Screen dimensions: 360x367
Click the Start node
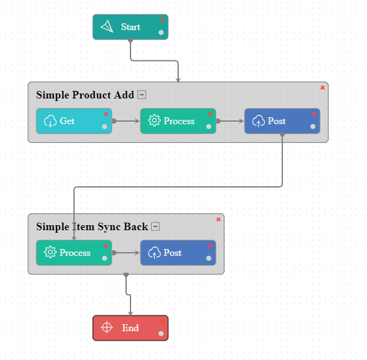tap(130, 27)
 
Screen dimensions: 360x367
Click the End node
tap(130, 328)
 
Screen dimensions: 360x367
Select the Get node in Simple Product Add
tap(73, 121)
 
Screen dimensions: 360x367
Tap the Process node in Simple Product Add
tap(178, 121)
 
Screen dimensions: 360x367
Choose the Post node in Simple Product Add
tap(282, 121)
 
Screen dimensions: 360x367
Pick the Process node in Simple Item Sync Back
tap(73, 253)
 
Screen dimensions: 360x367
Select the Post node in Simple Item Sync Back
tap(178, 253)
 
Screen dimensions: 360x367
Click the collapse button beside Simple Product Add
tap(142, 95)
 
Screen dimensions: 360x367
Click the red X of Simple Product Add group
tap(322, 88)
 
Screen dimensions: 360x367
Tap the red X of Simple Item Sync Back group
tap(218, 220)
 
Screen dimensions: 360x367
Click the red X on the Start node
tap(162, 20)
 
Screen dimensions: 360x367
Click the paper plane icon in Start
tap(107, 26)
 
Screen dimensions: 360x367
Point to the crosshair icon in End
tap(107, 327)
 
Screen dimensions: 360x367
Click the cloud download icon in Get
tap(50, 121)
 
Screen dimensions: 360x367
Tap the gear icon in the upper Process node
tap(154, 121)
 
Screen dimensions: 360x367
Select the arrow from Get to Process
tap(127, 121)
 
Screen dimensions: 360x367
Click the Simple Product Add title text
tap(85, 95)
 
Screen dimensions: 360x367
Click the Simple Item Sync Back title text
tap(92, 227)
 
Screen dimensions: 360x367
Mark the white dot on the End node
tap(161, 333)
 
